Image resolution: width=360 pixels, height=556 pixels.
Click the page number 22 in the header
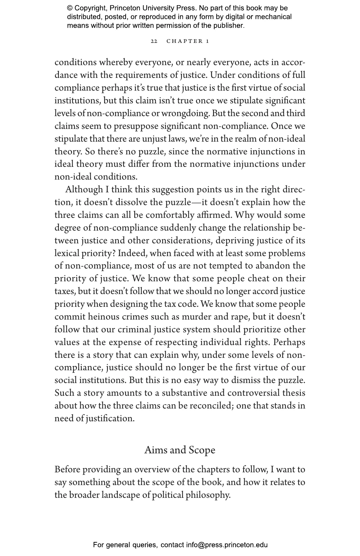tap(154, 41)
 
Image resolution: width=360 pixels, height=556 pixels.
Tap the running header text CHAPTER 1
tap(188, 41)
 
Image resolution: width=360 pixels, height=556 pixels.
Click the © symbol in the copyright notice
tap(70, 8)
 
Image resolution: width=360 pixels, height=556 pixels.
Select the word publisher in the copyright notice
tap(228, 26)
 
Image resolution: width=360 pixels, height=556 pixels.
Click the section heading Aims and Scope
tap(180, 450)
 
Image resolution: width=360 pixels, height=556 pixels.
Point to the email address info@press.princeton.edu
tap(227, 545)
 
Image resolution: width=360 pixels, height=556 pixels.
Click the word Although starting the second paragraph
tap(84, 190)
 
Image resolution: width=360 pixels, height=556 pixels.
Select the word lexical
tap(67, 253)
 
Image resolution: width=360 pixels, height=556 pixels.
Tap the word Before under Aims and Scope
tap(67, 470)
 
